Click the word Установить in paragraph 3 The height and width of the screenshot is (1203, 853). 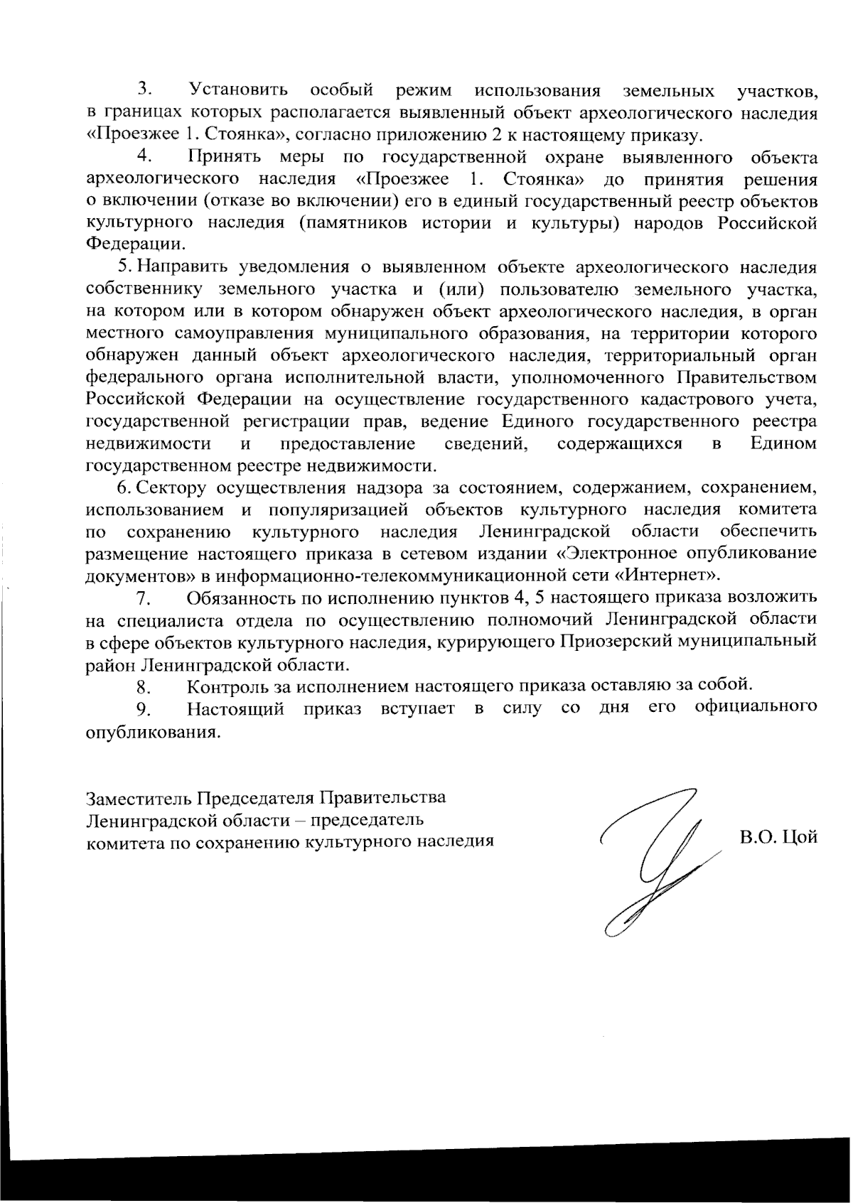pos(238,91)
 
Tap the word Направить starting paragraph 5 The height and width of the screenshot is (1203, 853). pos(183,267)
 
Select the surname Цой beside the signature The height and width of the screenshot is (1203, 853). pos(800,838)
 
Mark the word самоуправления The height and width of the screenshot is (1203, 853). pos(243,333)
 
